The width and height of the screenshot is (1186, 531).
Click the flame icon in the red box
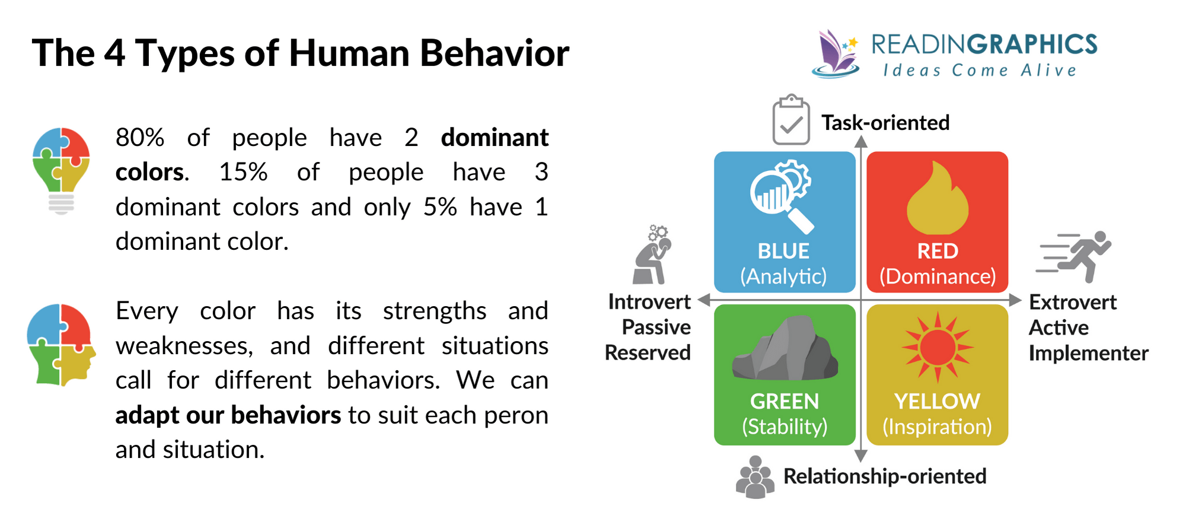click(937, 200)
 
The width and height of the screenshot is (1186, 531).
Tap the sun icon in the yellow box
click(938, 347)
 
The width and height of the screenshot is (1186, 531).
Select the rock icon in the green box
click(785, 350)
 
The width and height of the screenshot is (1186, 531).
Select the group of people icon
click(755, 478)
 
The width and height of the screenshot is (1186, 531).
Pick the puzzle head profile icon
click(60, 345)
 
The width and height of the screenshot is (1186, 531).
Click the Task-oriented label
click(885, 123)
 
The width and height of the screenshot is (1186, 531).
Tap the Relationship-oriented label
click(884, 476)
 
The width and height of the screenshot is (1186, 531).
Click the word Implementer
click(1088, 353)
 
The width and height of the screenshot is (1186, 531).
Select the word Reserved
click(648, 353)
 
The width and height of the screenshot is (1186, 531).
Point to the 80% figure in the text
click(139, 138)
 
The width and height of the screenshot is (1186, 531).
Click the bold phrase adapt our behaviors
click(228, 415)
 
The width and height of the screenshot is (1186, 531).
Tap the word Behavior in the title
click(494, 53)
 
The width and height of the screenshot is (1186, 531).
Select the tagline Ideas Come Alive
click(980, 71)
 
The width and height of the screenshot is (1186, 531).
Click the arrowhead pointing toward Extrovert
click(1015, 300)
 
